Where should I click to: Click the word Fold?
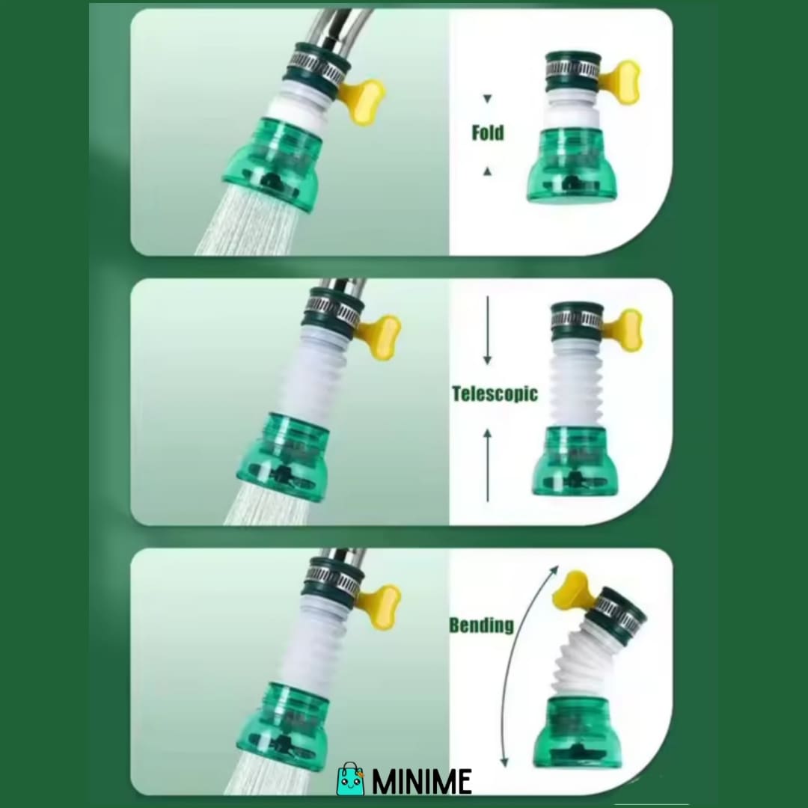488,133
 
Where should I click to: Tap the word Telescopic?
495,394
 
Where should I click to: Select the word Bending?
481,625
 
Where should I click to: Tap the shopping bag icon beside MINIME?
350,779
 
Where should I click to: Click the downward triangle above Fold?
488,99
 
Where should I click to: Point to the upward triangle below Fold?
488,171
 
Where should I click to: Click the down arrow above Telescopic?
488,331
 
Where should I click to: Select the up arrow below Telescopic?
488,465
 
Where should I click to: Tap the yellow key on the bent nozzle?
573,590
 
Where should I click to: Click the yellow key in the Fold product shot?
620,82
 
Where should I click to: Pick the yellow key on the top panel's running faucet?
363,102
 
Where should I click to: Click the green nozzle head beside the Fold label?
572,165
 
